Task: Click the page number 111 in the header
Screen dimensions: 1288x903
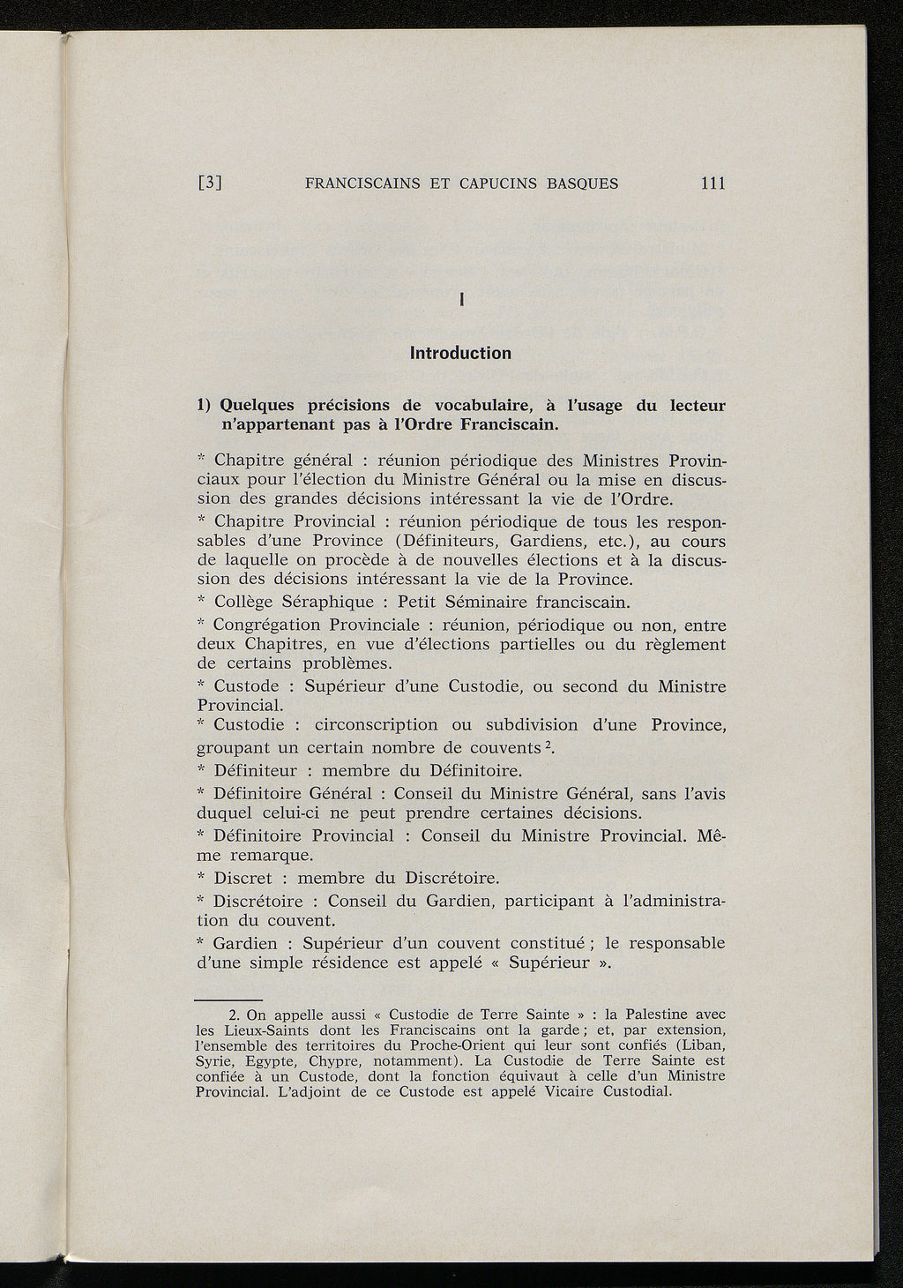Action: click(712, 183)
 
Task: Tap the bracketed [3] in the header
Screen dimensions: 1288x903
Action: click(210, 184)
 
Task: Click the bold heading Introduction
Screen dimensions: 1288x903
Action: click(460, 354)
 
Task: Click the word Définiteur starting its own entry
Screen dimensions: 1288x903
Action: click(255, 770)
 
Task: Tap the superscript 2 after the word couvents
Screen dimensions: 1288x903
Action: click(548, 746)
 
